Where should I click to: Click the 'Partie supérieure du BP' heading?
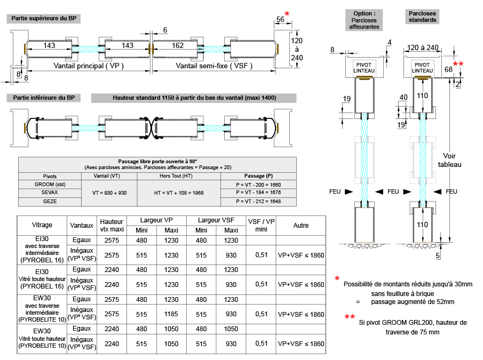pyautogui.click(x=44, y=19)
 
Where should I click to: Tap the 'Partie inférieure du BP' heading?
pyautogui.click(x=44, y=98)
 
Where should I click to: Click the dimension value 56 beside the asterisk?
pyautogui.click(x=280, y=20)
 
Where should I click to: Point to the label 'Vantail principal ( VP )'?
pyautogui.click(x=89, y=66)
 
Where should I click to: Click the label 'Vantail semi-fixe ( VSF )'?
pyautogui.click(x=214, y=66)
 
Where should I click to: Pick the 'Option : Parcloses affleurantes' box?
pyautogui.click(x=365, y=20)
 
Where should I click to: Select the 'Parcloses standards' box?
pyautogui.click(x=422, y=17)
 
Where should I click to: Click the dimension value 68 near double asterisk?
pyautogui.click(x=448, y=69)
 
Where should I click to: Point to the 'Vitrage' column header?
pyautogui.click(x=42, y=226)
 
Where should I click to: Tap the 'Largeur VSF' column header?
pyautogui.click(x=216, y=220)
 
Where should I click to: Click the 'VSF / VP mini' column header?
pyautogui.click(x=262, y=226)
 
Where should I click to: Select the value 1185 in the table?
pyautogui.click(x=171, y=314)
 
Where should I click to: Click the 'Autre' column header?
pyautogui.click(x=301, y=226)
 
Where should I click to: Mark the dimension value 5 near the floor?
pyautogui.click(x=438, y=256)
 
